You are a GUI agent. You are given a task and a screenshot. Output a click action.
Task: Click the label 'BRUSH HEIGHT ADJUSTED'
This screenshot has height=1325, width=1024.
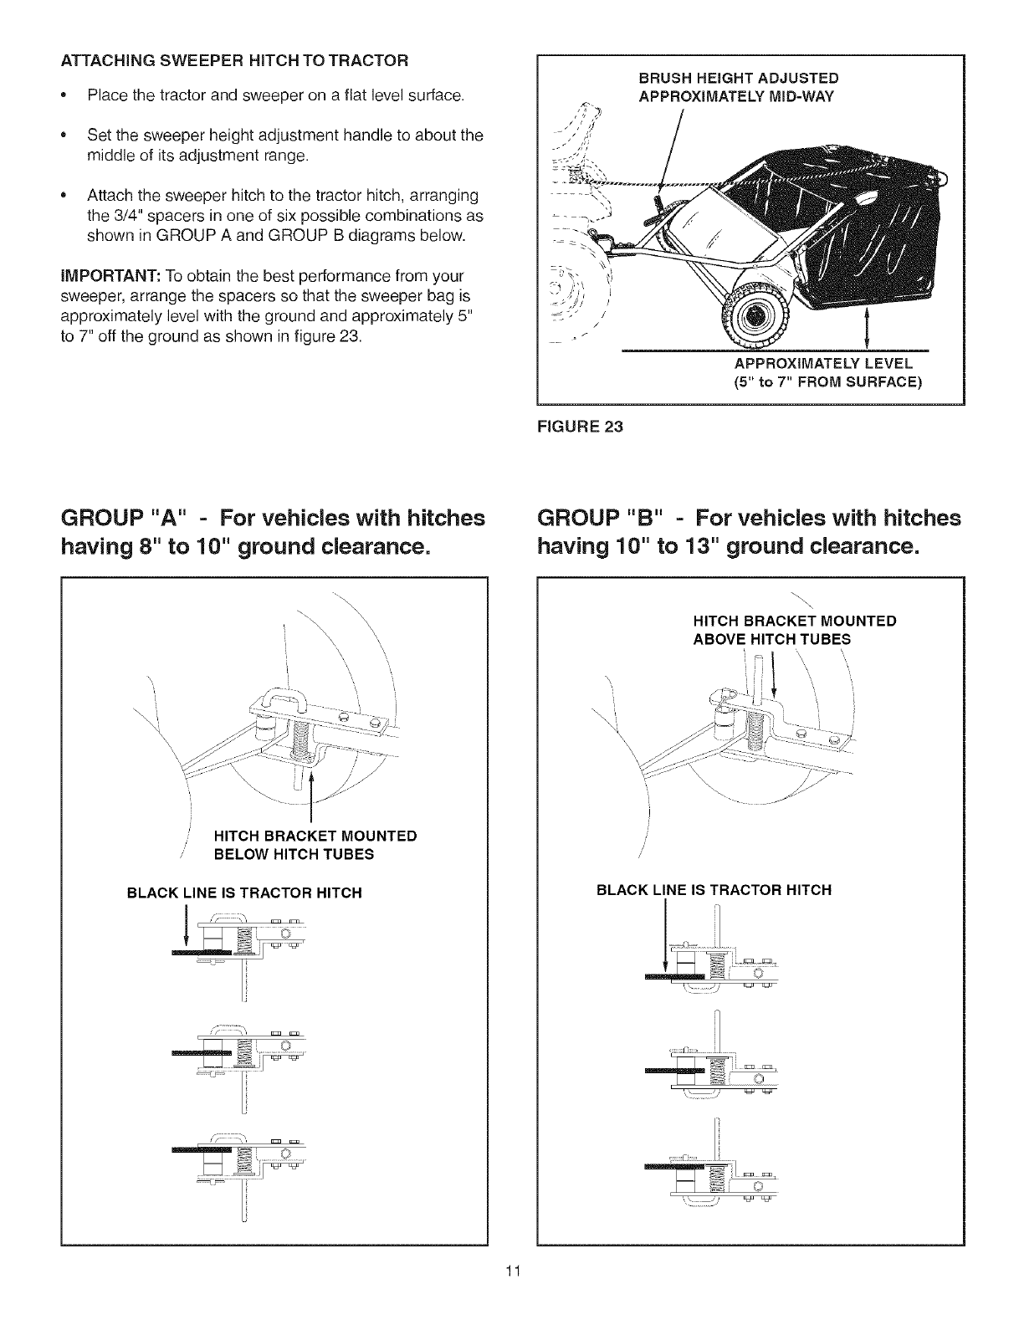tap(739, 79)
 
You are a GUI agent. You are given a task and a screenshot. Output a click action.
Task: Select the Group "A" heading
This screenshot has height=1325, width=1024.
tap(273, 533)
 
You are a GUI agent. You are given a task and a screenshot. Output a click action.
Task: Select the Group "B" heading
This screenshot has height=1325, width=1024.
tap(749, 533)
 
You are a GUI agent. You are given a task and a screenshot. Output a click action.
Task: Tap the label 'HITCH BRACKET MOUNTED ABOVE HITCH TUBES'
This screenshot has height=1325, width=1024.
tap(795, 630)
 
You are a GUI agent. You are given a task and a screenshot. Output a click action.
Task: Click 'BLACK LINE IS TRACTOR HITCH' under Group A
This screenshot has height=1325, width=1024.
tap(243, 893)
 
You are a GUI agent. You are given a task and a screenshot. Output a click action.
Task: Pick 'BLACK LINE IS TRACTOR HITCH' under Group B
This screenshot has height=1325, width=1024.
tap(714, 889)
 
